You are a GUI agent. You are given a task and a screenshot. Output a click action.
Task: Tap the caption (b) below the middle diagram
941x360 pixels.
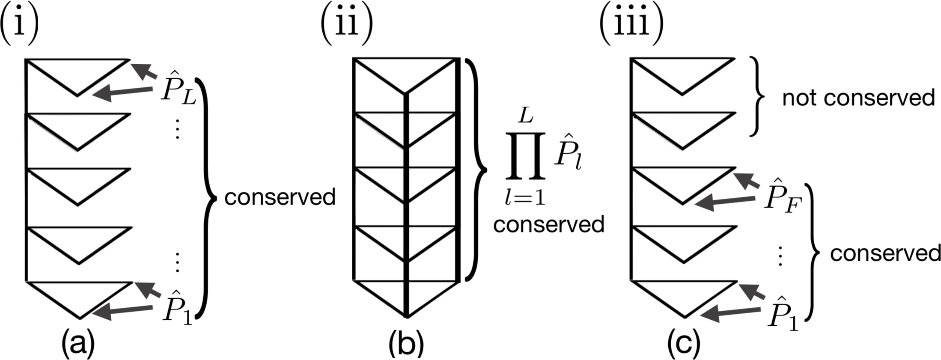click(x=406, y=342)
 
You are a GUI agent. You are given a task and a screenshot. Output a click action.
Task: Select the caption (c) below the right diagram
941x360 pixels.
click(x=684, y=342)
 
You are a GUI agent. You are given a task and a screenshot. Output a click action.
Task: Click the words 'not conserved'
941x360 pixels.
click(x=858, y=98)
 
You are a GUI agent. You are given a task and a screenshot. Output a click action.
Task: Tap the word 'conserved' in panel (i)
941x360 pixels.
click(x=280, y=197)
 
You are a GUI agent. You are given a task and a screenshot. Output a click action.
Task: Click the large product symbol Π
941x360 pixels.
click(x=525, y=156)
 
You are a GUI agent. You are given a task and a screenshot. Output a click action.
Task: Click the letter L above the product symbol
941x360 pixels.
click(x=526, y=115)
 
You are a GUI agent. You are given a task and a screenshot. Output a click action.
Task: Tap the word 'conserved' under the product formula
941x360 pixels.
click(x=548, y=225)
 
